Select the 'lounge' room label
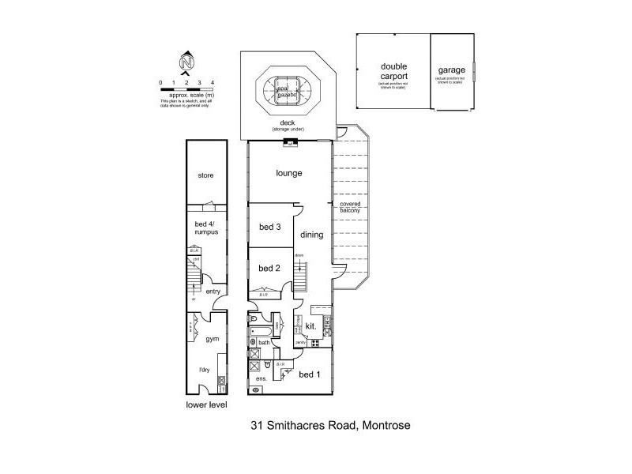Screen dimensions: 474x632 pos(289,173)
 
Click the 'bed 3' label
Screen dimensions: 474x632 pos(270,227)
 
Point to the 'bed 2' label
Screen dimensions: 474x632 pos(270,268)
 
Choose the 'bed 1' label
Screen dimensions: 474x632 pos(310,374)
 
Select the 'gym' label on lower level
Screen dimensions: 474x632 pos(212,338)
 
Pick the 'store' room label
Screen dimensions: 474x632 pos(206,175)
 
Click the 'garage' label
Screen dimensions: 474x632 pos(451,70)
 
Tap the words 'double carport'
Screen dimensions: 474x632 pos(393,72)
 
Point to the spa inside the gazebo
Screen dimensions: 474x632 pos(282,89)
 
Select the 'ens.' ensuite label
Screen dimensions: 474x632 pos(260,378)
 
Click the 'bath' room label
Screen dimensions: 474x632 pos(264,342)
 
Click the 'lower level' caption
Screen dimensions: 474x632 pos(206,405)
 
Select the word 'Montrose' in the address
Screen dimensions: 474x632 pos(386,426)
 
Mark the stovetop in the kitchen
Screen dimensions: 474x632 pos(315,344)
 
